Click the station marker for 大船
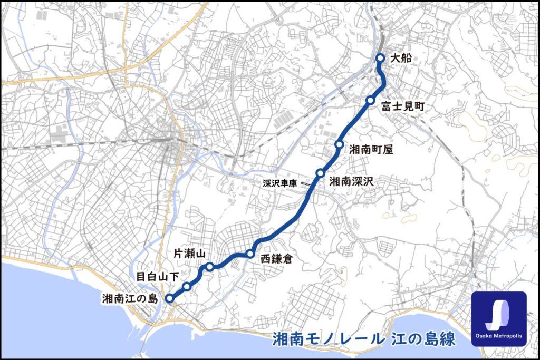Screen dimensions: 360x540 (x=380, y=59)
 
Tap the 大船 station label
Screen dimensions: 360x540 (x=400, y=59)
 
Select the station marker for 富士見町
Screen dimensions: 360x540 (x=371, y=100)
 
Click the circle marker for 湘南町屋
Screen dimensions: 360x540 (x=339, y=144)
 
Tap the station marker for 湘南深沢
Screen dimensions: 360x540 (x=320, y=173)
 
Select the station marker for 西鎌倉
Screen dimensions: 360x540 (x=250, y=254)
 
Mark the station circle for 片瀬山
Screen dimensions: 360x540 (x=209, y=267)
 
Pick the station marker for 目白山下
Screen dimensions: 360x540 (x=187, y=287)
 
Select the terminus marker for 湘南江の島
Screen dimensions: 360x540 (x=169, y=298)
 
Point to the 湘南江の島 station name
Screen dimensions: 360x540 (x=130, y=299)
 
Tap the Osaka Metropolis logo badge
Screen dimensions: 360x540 (x=498, y=318)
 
